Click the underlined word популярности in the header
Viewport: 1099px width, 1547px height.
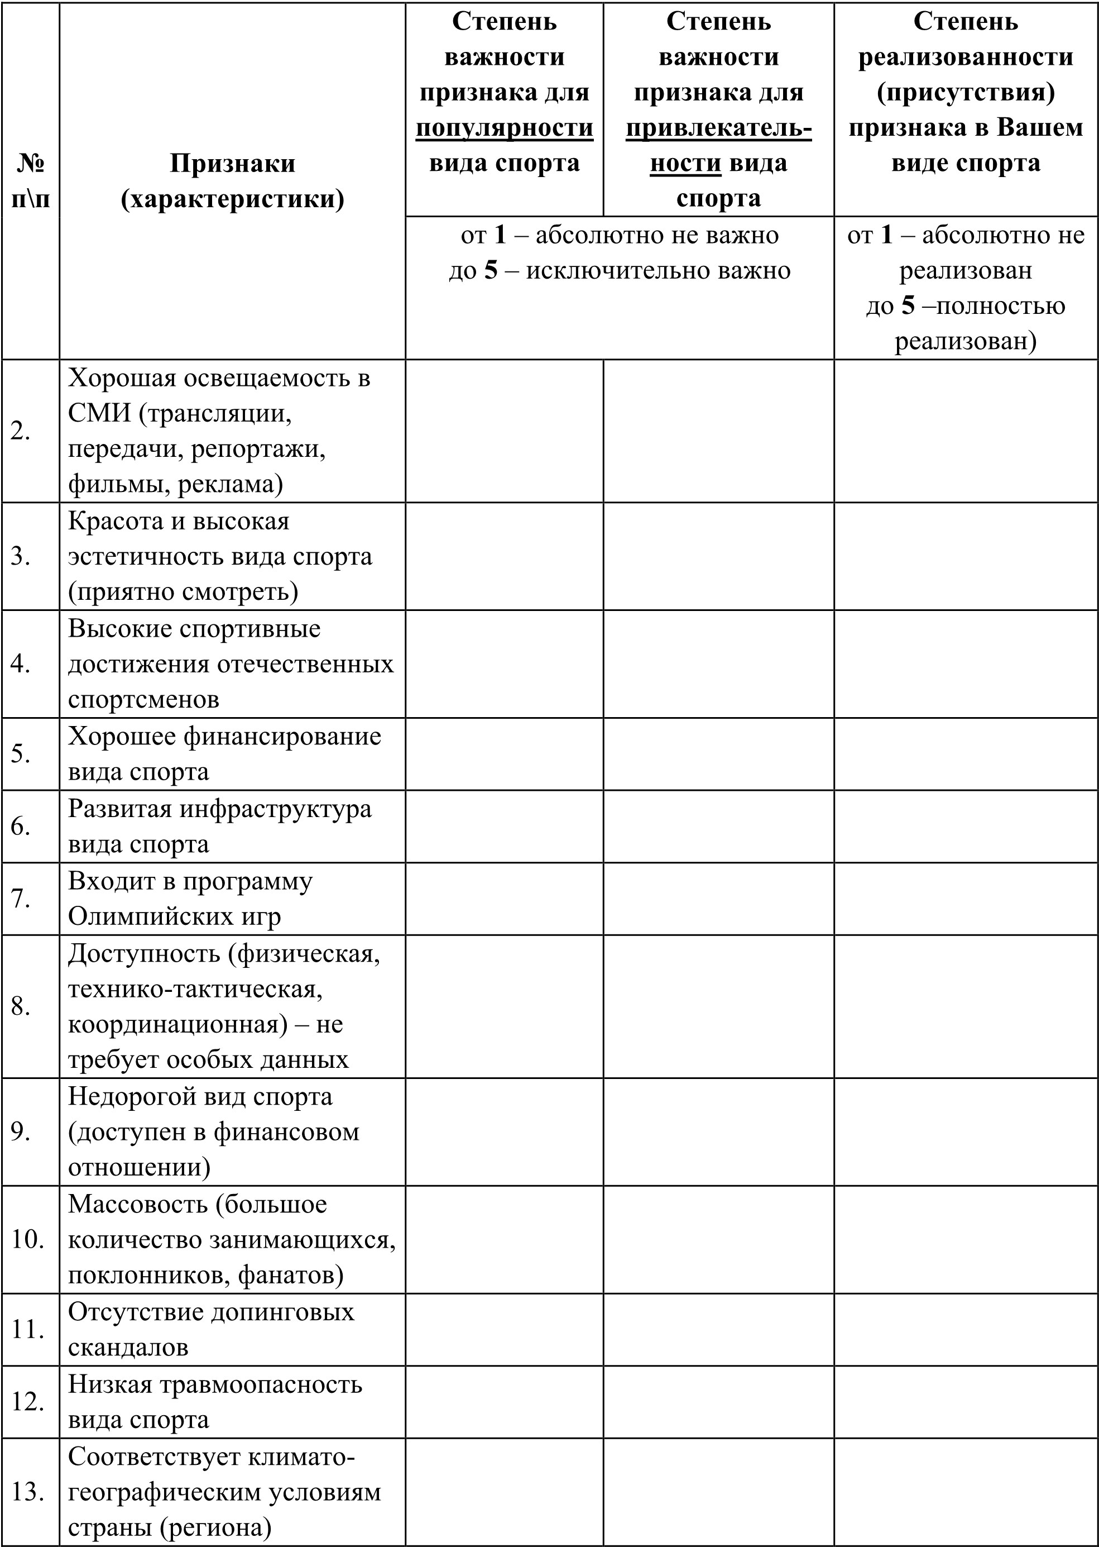click(504, 128)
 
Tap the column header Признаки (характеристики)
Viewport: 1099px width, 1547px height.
click(232, 181)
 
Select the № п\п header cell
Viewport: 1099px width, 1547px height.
click(31, 181)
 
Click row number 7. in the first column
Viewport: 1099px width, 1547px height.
click(20, 899)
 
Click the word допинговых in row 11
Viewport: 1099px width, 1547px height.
click(282, 1311)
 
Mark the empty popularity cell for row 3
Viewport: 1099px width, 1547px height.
click(504, 556)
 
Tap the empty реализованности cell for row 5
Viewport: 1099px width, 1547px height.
click(966, 753)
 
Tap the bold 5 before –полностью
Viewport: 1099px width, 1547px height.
click(908, 305)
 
